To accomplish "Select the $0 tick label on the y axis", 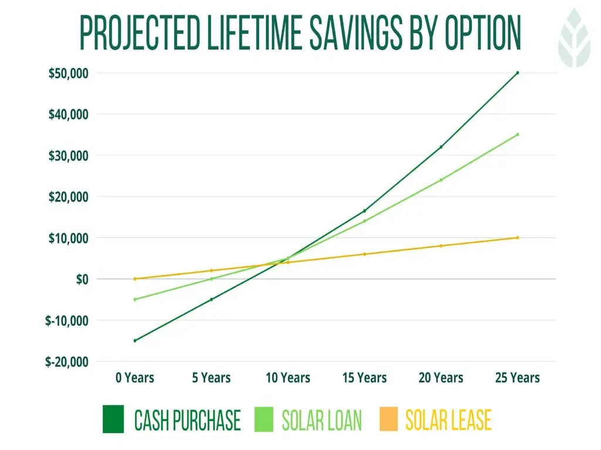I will (82, 279).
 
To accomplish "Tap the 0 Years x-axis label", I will (134, 378).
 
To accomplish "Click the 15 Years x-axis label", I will (364, 378).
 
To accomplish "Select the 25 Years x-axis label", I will (517, 378).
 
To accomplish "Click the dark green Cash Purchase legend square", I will (113, 420).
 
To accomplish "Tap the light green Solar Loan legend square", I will (265, 420).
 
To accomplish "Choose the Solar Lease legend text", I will (448, 420).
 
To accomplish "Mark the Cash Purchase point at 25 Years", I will (517, 73).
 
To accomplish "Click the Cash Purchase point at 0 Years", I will (135, 340).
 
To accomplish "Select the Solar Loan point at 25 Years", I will (517, 134).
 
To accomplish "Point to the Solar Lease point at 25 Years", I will (517, 237).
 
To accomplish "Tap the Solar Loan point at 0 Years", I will (135, 299).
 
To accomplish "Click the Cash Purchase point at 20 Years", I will (441, 147).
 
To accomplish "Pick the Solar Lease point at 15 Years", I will (364, 254).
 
